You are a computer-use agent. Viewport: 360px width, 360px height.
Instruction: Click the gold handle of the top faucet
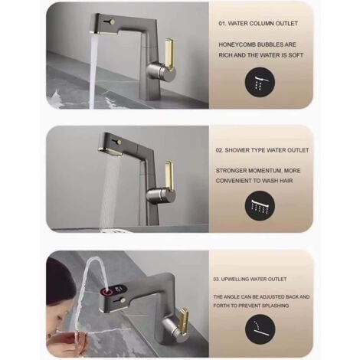click(x=169, y=55)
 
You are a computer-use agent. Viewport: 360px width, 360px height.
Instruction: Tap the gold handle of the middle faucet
click(x=169, y=175)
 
